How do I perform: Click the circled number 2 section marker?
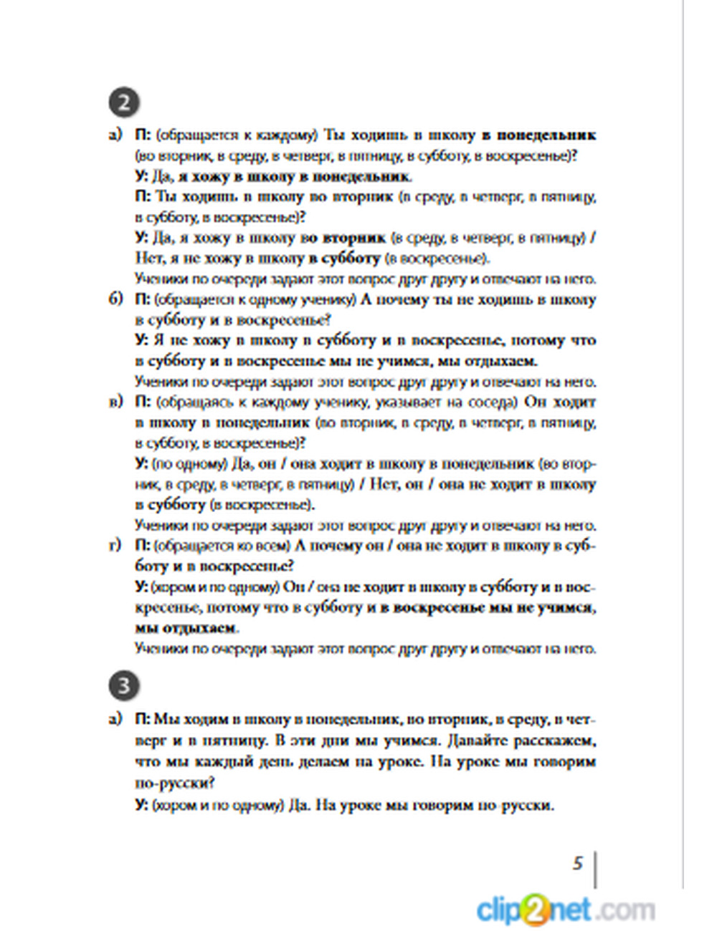(x=124, y=102)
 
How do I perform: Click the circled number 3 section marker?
(x=124, y=686)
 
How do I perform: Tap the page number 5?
(x=578, y=863)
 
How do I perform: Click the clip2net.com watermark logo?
(x=566, y=910)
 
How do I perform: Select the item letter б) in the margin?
(x=116, y=299)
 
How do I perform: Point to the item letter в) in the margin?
(x=116, y=402)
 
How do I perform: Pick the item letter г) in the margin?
(x=116, y=546)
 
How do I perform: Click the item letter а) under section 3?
(x=116, y=719)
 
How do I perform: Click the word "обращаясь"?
(x=189, y=402)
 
